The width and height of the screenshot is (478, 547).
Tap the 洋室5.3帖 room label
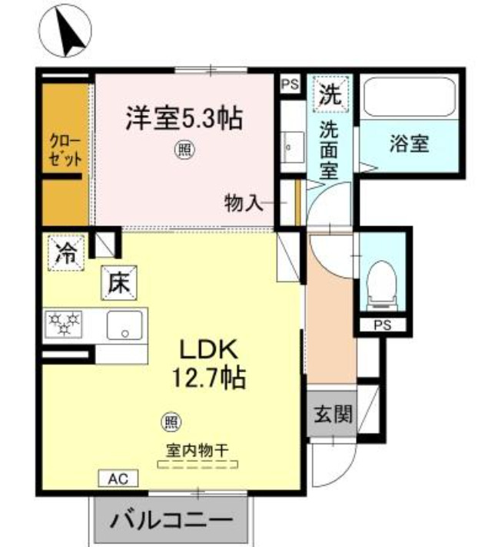point(184,118)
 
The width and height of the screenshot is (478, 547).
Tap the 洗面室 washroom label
point(329,149)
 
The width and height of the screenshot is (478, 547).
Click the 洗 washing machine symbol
point(329,95)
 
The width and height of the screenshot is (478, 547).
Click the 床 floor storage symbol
point(120,283)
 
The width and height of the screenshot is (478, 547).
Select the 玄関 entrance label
point(332,414)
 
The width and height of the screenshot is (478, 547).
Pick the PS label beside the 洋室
point(290,84)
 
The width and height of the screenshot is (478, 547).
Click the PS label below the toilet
point(382,325)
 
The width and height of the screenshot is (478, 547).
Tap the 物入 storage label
point(244,203)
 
